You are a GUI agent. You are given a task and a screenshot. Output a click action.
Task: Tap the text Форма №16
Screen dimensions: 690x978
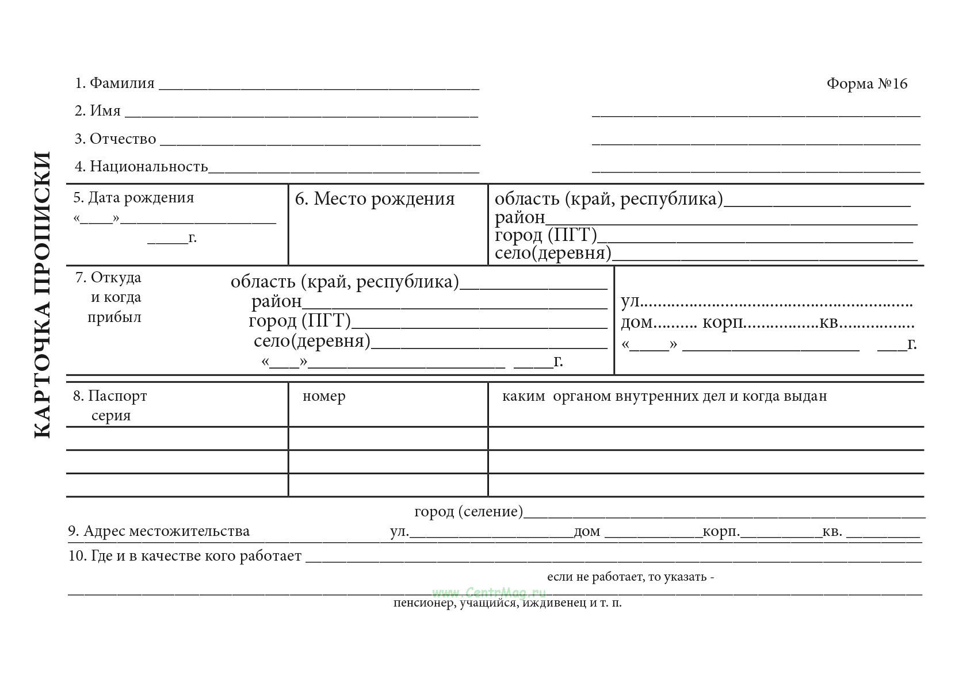point(866,84)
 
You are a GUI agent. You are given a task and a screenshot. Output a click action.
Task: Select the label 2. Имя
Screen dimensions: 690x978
point(98,110)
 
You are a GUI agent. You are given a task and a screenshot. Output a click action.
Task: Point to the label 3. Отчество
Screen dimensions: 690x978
point(116,139)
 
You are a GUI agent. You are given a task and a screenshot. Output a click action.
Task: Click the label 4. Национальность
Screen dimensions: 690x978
point(142,167)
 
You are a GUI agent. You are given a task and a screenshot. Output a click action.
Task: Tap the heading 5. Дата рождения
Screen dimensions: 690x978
point(133,198)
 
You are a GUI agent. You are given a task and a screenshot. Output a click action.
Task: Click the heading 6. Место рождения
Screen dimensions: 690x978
point(375,199)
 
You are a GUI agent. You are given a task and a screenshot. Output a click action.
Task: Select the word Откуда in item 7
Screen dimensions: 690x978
point(116,278)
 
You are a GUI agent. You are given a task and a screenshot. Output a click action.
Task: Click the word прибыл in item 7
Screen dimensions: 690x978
point(114,317)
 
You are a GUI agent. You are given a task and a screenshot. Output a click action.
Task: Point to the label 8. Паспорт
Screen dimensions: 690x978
point(110,396)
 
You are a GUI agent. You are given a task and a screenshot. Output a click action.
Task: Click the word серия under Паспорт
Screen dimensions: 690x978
point(111,416)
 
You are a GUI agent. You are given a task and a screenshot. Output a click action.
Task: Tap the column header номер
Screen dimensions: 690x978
point(324,396)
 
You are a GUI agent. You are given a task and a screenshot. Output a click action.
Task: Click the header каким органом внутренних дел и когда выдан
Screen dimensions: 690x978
point(664,396)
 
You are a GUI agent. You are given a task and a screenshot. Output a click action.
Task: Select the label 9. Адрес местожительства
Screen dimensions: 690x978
point(159,531)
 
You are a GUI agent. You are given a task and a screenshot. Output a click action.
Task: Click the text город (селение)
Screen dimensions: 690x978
point(469,511)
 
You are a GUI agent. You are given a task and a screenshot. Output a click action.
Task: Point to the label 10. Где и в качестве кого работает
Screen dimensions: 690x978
point(185,556)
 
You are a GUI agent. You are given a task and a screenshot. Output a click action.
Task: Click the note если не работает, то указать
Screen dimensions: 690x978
point(631,577)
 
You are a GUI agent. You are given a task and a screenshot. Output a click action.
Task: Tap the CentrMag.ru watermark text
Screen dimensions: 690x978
point(489,592)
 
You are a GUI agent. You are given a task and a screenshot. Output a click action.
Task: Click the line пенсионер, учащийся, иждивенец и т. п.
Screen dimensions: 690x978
point(507,603)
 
